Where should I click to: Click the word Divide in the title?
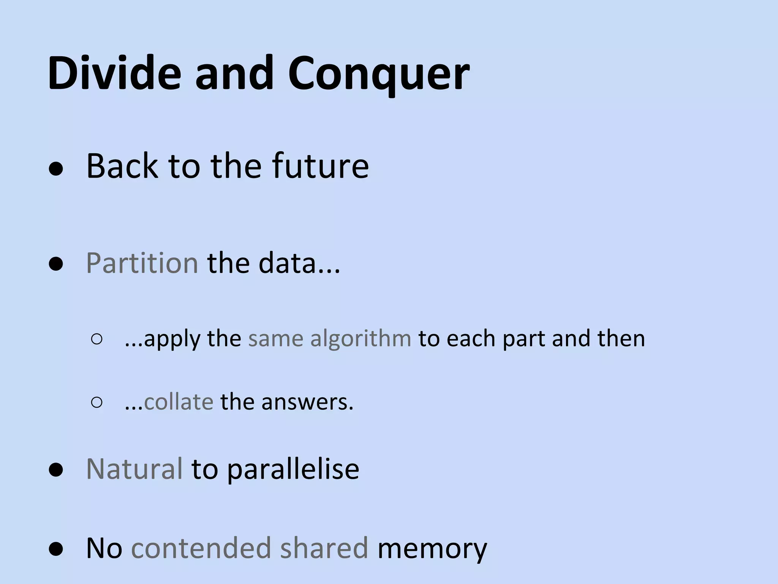[114, 73]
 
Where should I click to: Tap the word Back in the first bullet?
[122, 166]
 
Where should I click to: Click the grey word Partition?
[142, 263]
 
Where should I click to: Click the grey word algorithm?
[361, 338]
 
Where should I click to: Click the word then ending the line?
[621, 338]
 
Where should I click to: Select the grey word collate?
[179, 402]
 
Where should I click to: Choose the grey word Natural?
[134, 469]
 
